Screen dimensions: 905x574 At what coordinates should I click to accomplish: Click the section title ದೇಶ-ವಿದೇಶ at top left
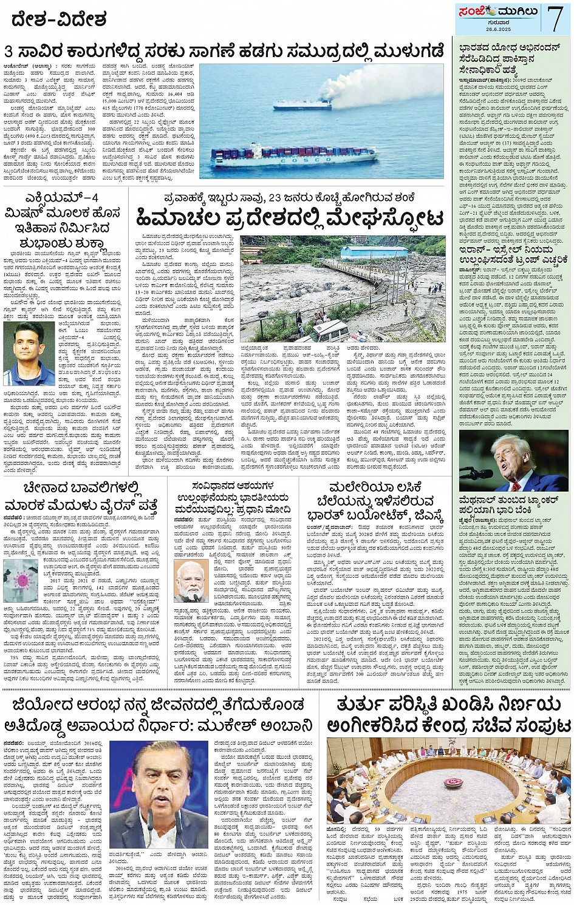59,20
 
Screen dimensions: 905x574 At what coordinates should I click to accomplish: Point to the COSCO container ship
294,157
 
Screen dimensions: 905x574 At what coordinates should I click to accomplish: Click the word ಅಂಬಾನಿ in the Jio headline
283,726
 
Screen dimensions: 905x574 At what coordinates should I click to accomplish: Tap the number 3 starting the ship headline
9,51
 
